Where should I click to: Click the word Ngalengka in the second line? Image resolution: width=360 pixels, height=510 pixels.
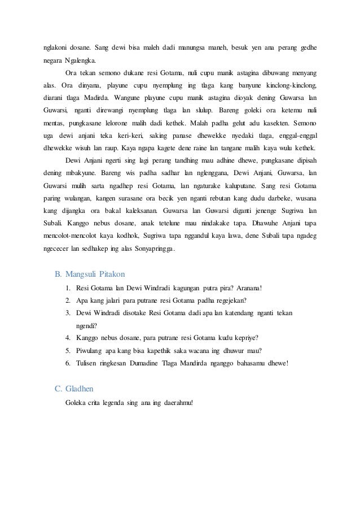coord(80,60)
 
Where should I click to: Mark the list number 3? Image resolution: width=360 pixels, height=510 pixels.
coord(67,313)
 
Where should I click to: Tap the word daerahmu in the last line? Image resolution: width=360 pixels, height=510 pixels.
coord(177,402)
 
